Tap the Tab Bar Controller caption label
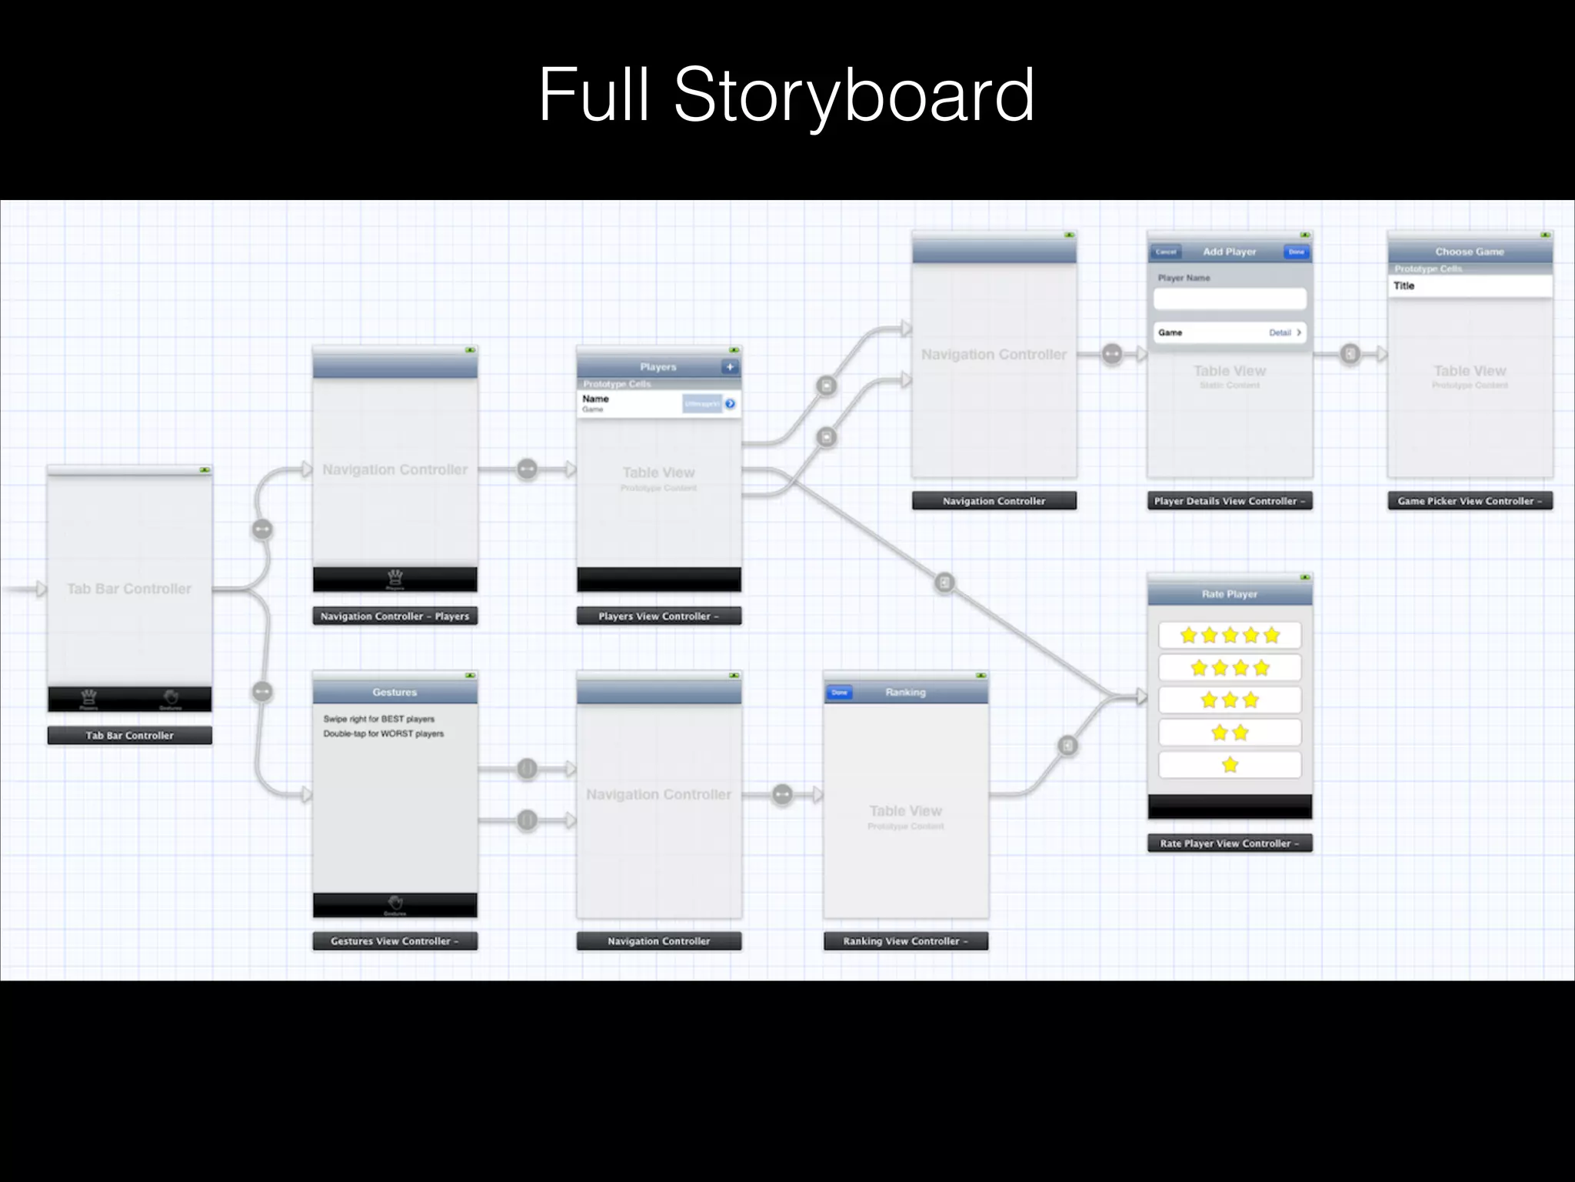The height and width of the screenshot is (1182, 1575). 129,736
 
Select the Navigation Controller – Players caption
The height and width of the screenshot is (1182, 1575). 395,616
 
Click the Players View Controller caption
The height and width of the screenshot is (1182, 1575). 658,616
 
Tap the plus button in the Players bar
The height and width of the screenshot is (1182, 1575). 730,367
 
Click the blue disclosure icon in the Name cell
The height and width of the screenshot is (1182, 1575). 730,403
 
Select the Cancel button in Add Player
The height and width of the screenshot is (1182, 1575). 1166,252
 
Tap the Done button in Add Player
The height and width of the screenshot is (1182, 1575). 1297,252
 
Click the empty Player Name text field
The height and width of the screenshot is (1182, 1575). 1230,299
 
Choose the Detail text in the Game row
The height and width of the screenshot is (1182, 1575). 1280,332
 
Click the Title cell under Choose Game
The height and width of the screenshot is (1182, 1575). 1470,285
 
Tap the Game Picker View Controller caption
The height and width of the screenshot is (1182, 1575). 1470,501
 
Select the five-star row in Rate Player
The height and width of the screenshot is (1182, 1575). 1230,636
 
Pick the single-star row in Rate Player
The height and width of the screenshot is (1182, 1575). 1230,765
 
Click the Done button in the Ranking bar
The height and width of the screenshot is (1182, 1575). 839,693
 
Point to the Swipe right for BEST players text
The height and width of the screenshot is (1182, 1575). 379,719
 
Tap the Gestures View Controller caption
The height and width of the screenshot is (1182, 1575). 395,941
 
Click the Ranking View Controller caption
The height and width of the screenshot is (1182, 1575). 905,941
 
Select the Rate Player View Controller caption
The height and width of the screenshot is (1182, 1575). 1230,843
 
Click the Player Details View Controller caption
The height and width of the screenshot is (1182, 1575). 1230,501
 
